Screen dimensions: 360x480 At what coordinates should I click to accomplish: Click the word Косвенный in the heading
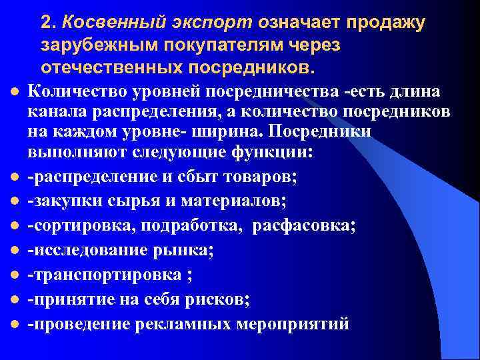pos(99,22)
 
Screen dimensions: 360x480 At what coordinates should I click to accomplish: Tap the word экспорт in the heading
pos(186,22)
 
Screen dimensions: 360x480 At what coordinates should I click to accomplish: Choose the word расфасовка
pos(304,225)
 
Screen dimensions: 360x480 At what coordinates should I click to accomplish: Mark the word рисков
pos(219,299)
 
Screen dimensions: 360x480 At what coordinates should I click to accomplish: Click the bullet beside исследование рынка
pos(13,251)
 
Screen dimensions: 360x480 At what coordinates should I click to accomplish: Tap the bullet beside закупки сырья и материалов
pos(13,201)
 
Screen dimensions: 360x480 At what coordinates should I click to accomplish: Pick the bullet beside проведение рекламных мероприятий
pos(13,325)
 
